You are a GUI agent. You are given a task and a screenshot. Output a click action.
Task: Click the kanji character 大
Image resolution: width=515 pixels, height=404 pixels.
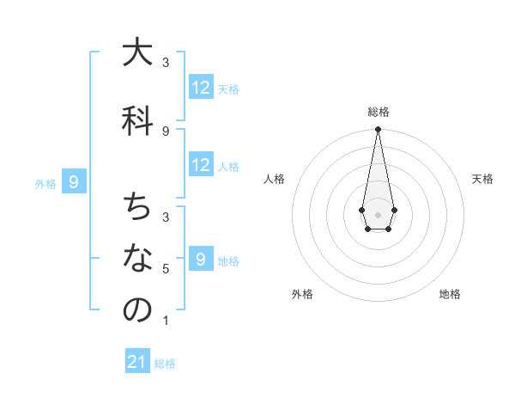[137, 53]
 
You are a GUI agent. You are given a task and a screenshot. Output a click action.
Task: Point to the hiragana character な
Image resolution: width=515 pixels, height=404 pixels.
[137, 259]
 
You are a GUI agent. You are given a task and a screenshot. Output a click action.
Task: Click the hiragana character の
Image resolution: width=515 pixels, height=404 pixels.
[137, 310]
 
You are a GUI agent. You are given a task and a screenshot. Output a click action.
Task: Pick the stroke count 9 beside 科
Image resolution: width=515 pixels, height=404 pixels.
[166, 132]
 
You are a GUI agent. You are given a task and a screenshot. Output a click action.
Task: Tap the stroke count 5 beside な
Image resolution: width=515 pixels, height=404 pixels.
[166, 269]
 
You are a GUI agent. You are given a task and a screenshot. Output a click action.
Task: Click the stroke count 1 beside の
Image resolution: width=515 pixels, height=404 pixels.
[166, 321]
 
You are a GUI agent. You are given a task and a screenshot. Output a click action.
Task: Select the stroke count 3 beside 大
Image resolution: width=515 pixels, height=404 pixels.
[166, 63]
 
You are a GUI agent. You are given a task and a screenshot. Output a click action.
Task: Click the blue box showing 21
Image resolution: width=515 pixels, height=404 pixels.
[137, 362]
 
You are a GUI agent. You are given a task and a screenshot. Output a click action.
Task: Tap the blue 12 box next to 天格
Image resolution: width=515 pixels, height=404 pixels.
[201, 87]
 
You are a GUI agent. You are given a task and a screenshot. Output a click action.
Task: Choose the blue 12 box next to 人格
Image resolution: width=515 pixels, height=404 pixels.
[201, 165]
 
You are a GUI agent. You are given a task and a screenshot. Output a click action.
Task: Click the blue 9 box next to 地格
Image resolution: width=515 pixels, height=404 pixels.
[201, 260]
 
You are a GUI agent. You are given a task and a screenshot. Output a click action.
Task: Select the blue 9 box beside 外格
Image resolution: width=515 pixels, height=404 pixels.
[75, 181]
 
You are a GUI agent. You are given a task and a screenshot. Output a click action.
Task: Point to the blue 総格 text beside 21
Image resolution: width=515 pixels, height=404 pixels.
[165, 364]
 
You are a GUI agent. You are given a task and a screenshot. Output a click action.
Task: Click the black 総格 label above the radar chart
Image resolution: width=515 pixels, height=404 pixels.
[378, 112]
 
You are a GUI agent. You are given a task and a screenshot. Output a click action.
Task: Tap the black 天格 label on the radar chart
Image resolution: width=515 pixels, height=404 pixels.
[482, 179]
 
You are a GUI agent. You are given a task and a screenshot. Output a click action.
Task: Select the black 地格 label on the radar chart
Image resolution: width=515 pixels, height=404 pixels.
[450, 294]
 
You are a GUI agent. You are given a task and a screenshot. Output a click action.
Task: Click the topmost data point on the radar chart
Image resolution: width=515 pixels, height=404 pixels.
[378, 130]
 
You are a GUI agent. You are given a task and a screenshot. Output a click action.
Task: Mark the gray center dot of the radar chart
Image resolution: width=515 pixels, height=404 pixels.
[378, 214]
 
